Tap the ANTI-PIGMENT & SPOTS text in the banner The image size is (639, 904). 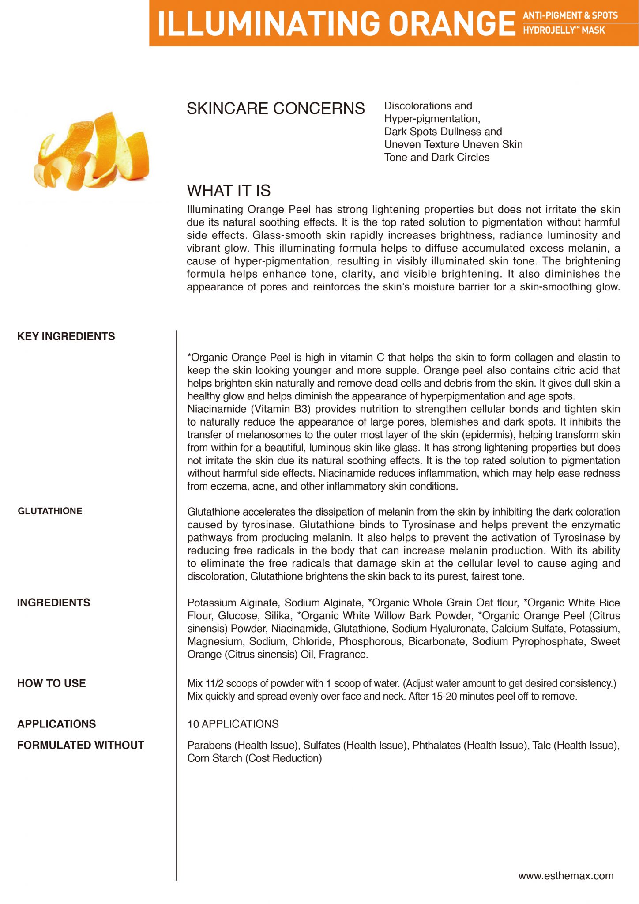click(570, 15)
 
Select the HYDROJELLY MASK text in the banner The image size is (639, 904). click(564, 30)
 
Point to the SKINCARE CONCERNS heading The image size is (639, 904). click(275, 109)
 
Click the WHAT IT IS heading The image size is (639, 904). click(229, 191)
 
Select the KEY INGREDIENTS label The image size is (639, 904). click(66, 336)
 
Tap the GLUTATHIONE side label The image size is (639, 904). click(50, 511)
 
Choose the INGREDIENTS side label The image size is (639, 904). click(53, 603)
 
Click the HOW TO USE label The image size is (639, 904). click(51, 683)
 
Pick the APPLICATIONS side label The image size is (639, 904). click(56, 724)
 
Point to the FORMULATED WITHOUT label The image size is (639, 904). click(81, 745)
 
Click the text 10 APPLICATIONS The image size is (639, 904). click(233, 724)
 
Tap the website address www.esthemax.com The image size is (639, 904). click(566, 876)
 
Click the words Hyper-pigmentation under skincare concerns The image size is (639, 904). click(431, 119)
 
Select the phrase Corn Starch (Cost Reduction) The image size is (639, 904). click(255, 758)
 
